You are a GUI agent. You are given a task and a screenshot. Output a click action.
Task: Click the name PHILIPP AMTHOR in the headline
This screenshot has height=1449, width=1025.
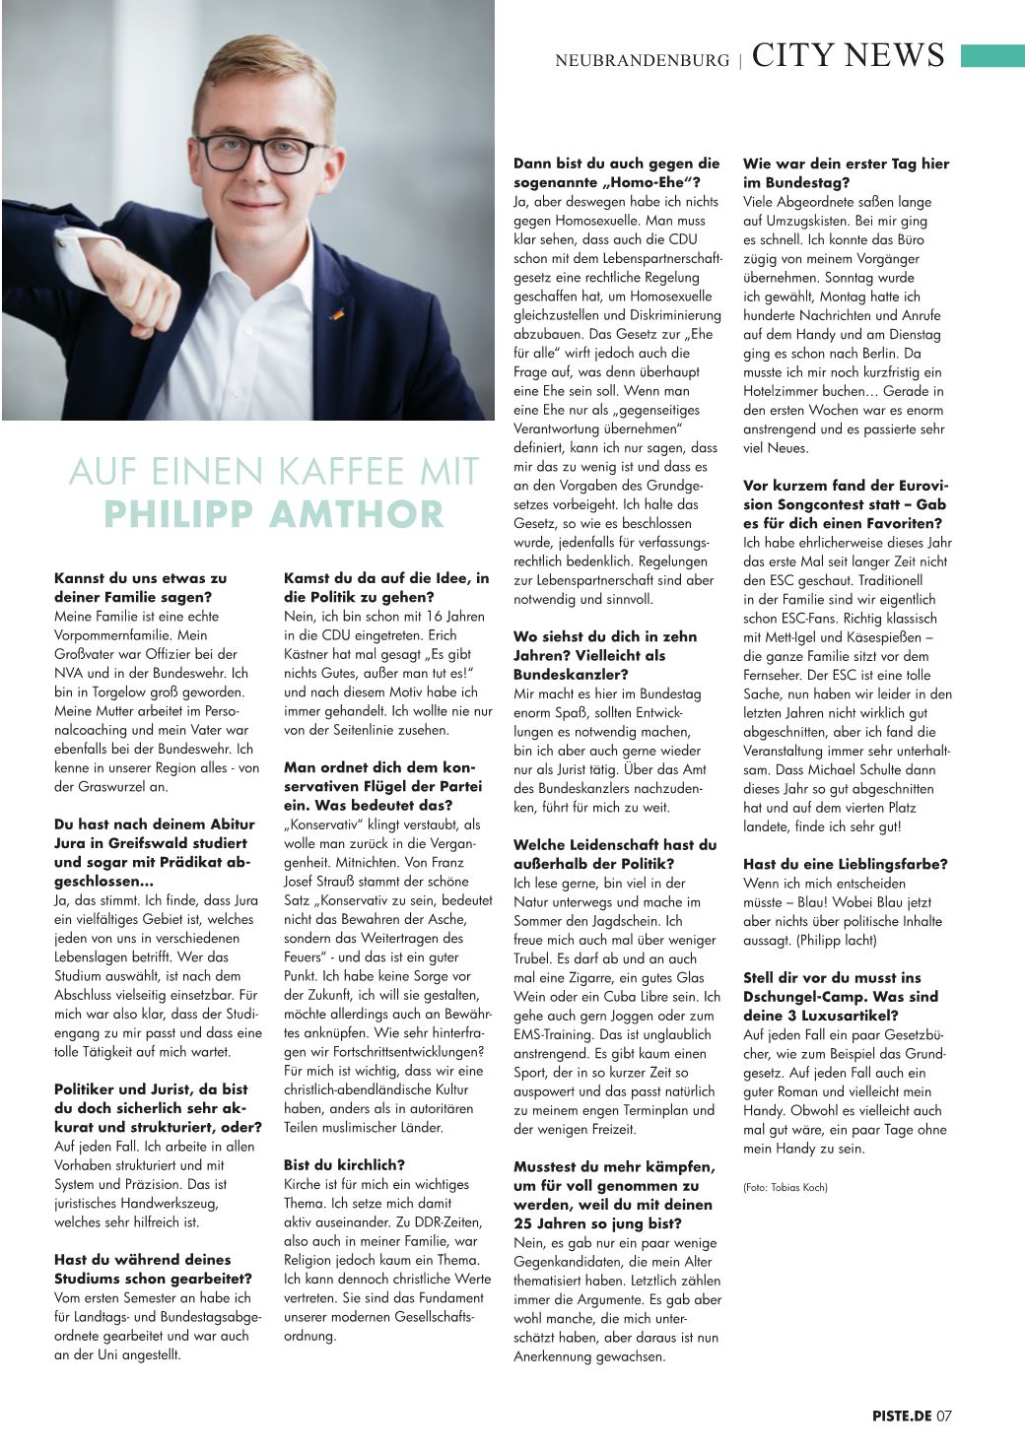pos(274,514)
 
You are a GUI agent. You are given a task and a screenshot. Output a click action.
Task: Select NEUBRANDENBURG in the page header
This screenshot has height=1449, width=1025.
pos(642,60)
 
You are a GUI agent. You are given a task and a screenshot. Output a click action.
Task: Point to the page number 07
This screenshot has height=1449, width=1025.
pos(944,1416)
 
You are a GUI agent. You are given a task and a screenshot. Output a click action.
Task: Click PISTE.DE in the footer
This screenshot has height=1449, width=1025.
pos(901,1416)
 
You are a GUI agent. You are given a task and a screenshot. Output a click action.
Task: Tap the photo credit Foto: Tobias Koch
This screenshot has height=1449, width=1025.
pos(786,1187)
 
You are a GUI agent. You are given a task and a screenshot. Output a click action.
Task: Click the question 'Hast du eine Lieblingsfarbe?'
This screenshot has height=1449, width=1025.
pos(845,864)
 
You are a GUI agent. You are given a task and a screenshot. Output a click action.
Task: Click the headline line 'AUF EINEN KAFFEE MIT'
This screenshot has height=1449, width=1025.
pos(274,472)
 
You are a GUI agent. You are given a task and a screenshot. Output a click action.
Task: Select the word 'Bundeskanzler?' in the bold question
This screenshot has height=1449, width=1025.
pos(563,675)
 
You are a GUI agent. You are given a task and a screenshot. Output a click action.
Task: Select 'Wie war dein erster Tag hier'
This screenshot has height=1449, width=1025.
pos(846,164)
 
